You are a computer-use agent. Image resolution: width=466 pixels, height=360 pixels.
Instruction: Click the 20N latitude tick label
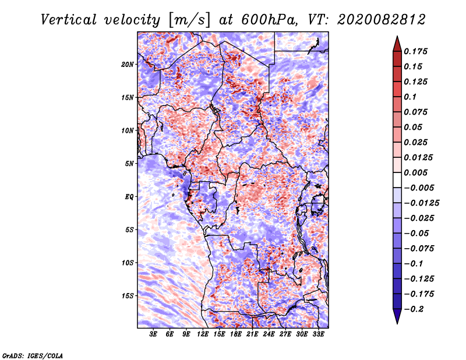click(128, 64)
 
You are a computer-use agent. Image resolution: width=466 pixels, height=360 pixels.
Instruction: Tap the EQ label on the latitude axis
click(129, 196)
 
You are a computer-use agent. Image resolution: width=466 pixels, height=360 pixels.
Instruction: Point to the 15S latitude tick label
click(128, 295)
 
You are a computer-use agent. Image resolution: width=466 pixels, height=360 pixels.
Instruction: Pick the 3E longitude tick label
click(153, 335)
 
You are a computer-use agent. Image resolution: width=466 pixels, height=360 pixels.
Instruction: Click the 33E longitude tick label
click(318, 335)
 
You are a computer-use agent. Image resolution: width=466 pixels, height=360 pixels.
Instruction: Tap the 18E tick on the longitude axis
click(235, 335)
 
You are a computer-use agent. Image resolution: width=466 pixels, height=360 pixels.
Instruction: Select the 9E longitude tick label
click(186, 335)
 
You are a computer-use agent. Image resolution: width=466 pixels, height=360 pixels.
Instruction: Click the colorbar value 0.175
click(417, 52)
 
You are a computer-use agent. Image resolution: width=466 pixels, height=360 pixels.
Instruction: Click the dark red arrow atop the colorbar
click(397, 43)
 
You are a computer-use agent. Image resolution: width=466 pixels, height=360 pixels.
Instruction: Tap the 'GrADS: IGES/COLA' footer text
click(32, 355)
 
